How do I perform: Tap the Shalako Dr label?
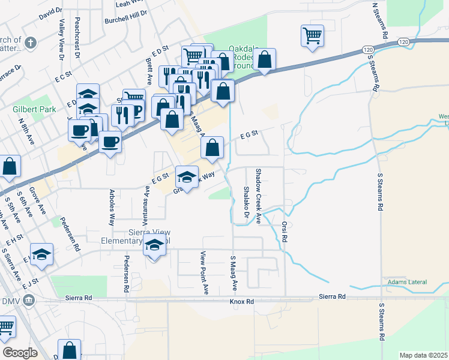point(246,202)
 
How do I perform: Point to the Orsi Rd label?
point(285,231)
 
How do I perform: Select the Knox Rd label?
point(242,301)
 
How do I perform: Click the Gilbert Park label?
point(34,109)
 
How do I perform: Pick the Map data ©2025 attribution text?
point(423,355)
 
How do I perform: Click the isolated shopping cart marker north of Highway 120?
point(312,35)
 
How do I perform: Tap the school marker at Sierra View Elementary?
point(154,246)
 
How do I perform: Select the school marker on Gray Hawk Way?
point(187,176)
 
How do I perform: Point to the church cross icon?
point(31,43)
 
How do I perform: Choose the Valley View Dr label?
point(61,35)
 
